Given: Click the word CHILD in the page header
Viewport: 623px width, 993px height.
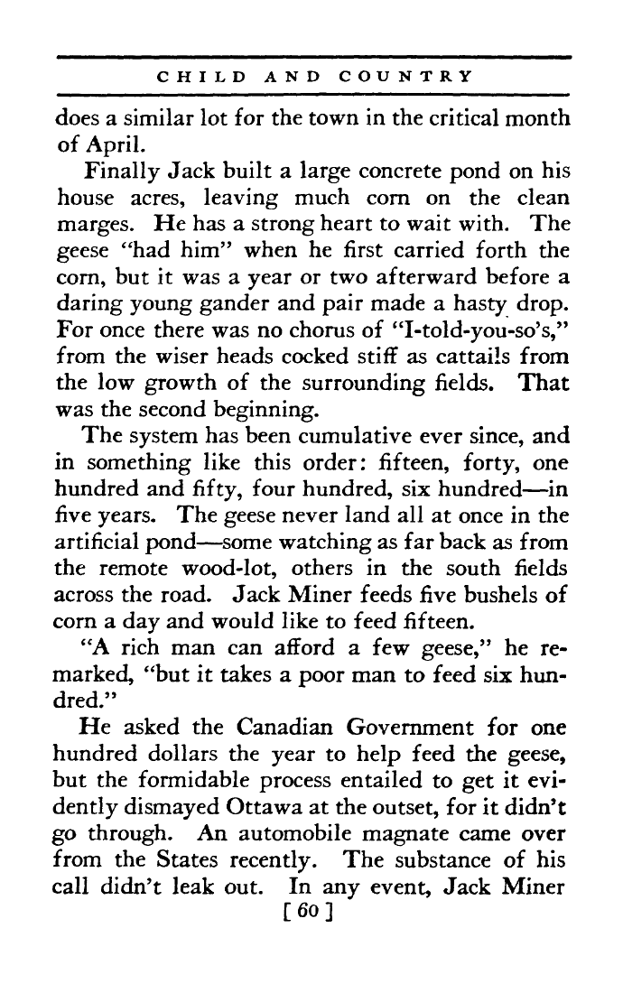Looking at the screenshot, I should tap(203, 77).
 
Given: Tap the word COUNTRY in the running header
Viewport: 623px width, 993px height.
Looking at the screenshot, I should tap(405, 77).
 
